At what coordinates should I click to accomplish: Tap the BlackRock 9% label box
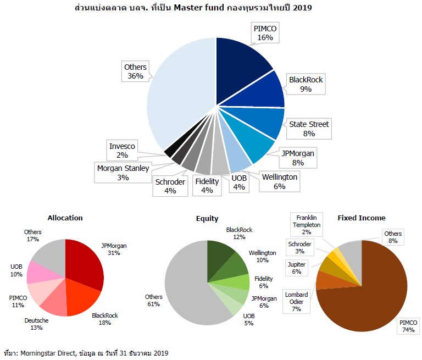[x=306, y=84]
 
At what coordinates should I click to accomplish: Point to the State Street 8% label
[x=309, y=129]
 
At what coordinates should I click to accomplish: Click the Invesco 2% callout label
[x=122, y=151]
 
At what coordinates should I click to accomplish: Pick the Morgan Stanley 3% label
[x=123, y=173]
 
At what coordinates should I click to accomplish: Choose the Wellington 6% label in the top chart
[x=280, y=182]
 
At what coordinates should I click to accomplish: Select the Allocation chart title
[x=65, y=218]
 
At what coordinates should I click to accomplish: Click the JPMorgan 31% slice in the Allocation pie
[x=85, y=264]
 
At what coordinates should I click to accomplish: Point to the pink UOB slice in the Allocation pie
[x=39, y=272]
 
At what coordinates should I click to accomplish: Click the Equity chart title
[x=207, y=218]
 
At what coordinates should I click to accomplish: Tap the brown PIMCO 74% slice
[x=368, y=291]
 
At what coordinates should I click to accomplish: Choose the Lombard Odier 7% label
[x=296, y=302]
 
